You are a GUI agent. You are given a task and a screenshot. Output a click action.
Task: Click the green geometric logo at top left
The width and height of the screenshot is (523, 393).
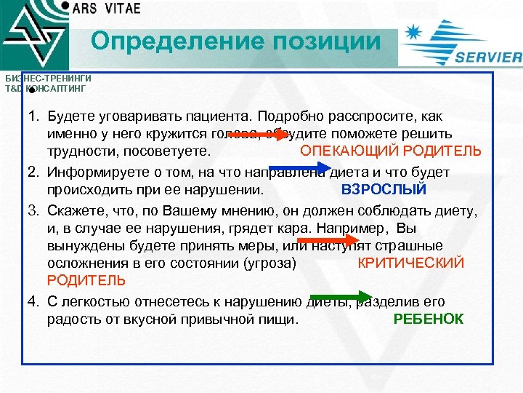pyautogui.click(x=33, y=36)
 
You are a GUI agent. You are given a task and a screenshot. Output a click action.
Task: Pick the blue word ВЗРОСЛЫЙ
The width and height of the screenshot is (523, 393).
pyautogui.click(x=384, y=190)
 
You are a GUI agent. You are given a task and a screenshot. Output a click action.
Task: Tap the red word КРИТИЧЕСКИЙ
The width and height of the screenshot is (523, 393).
pyautogui.click(x=411, y=263)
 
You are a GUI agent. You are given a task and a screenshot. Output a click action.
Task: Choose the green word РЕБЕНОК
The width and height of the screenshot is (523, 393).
pyautogui.click(x=428, y=319)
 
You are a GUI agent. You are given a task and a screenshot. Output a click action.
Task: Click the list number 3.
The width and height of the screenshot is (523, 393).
pyautogui.click(x=33, y=211)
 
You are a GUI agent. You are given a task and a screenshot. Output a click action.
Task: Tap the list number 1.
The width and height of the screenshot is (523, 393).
pyautogui.click(x=33, y=116)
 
